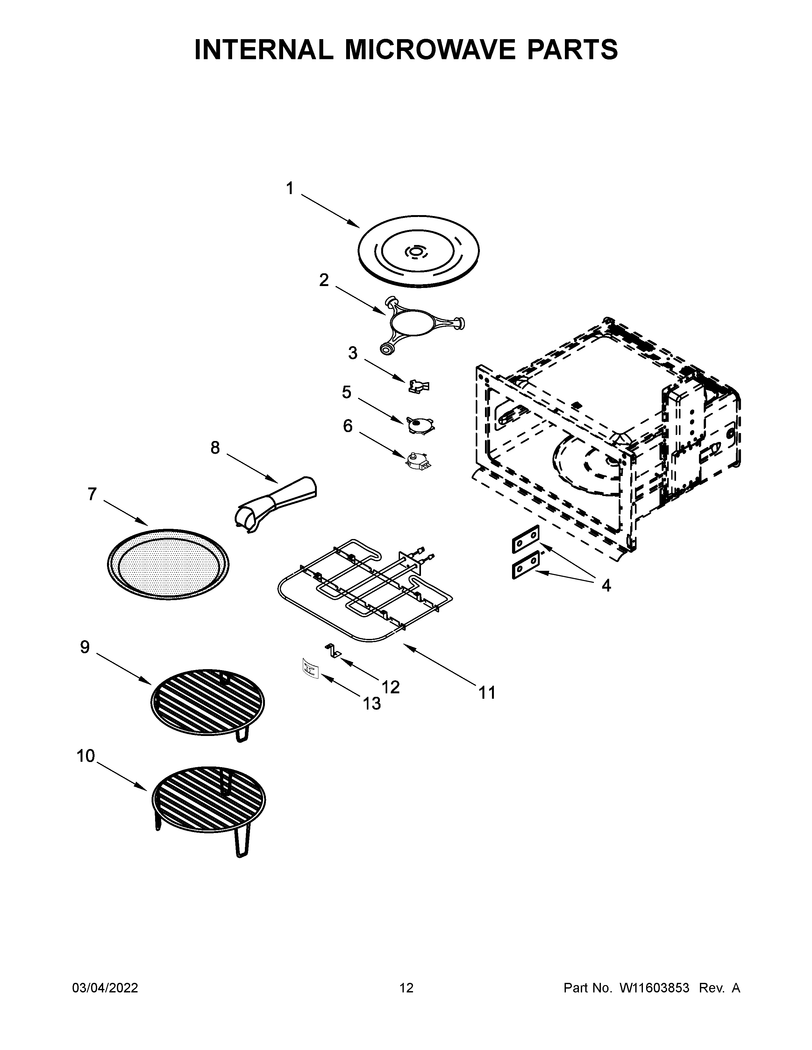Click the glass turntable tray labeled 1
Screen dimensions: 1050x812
coord(418,251)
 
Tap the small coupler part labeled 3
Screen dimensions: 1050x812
coord(418,386)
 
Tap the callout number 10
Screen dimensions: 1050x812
coord(86,756)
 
